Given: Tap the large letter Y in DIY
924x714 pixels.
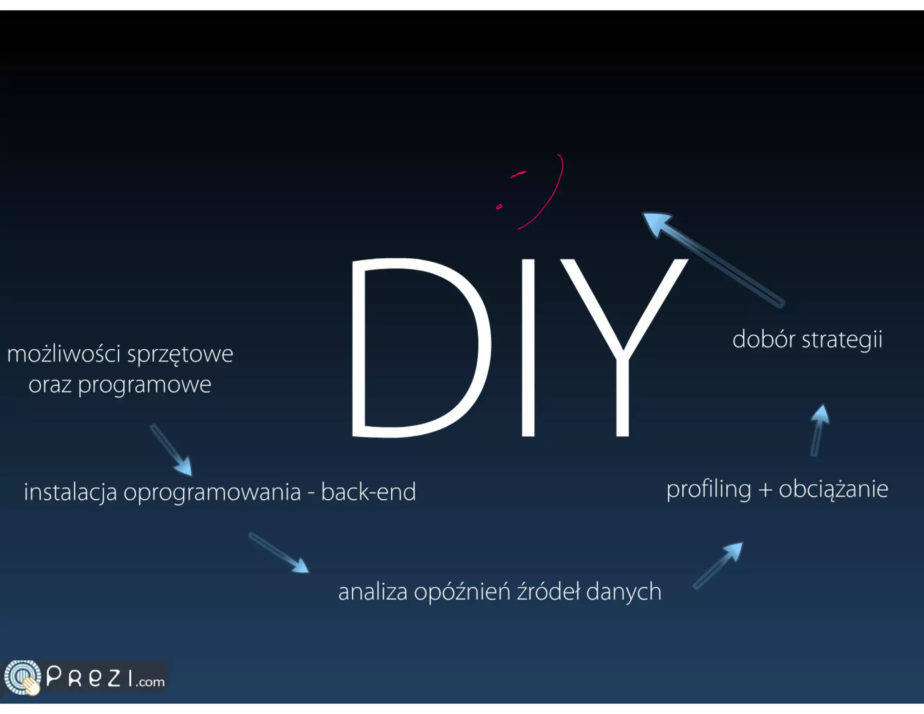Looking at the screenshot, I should click(623, 348).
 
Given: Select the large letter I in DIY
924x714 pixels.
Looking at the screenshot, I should click(528, 348).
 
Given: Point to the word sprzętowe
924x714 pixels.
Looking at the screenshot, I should click(180, 355).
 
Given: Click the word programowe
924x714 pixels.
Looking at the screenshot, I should click(144, 385).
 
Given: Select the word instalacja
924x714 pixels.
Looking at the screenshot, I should click(70, 492).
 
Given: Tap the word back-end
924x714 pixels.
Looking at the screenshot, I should click(368, 491).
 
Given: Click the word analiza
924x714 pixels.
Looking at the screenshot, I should click(373, 592).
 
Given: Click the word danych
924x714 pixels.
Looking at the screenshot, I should click(624, 592).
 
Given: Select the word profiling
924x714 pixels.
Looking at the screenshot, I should click(709, 490).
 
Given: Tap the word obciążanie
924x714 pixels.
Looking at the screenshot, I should click(833, 489).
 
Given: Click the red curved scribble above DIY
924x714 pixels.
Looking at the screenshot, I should click(548, 199).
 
